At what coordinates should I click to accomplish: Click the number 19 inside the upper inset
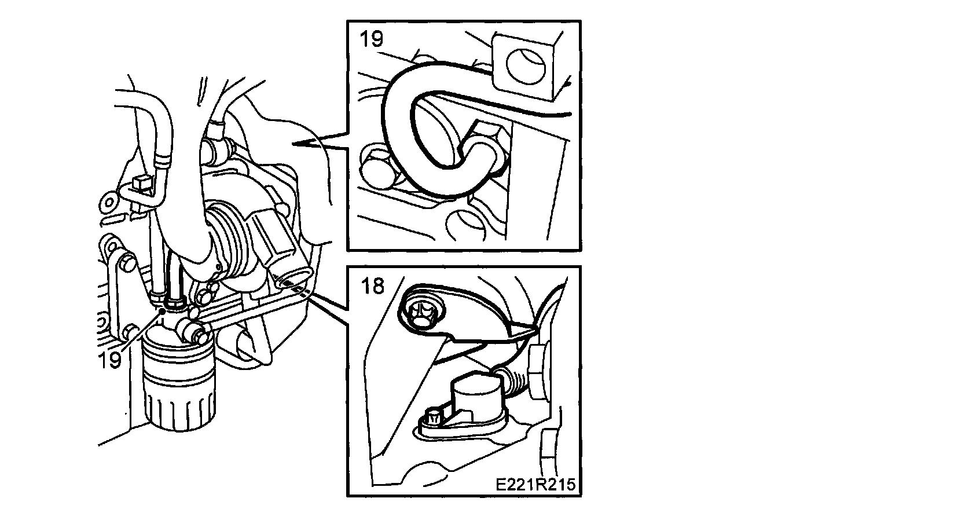point(370,39)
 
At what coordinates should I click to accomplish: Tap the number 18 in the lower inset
point(373,285)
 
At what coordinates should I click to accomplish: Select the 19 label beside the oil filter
point(110,358)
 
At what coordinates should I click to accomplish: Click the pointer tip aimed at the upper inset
point(295,143)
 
